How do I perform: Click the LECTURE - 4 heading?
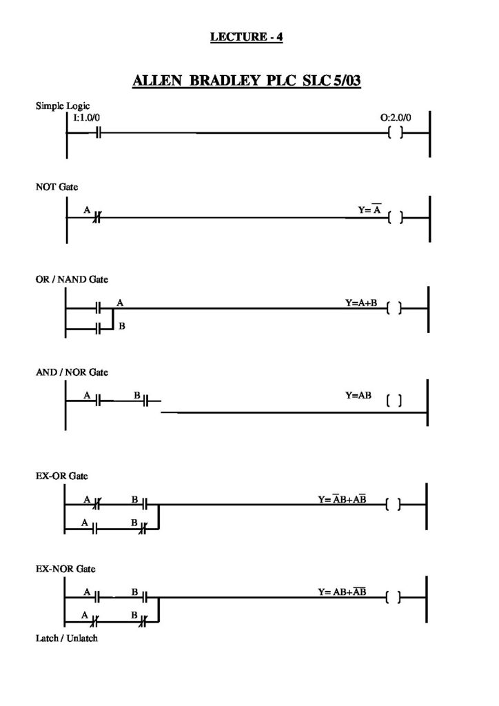point(247,37)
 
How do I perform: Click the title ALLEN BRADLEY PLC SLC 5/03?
point(247,81)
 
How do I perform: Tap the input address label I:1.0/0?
point(86,117)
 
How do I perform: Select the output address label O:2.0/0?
point(396,117)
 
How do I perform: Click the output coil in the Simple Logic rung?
point(395,133)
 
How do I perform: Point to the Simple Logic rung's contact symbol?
point(99,133)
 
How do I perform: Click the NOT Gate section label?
point(57,187)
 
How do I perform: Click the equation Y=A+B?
point(361,303)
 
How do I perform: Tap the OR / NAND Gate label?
point(72,279)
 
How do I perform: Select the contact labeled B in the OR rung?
point(99,329)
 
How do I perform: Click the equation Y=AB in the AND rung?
point(358,395)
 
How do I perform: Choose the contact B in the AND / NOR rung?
point(146,401)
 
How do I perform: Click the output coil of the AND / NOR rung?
point(394,401)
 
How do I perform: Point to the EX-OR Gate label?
point(61,476)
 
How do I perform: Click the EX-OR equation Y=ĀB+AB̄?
point(342,499)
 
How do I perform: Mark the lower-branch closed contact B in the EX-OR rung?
point(143,529)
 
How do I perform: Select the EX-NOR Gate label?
point(65,569)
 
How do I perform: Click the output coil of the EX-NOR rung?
point(393,598)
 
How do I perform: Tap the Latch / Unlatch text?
point(67,638)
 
